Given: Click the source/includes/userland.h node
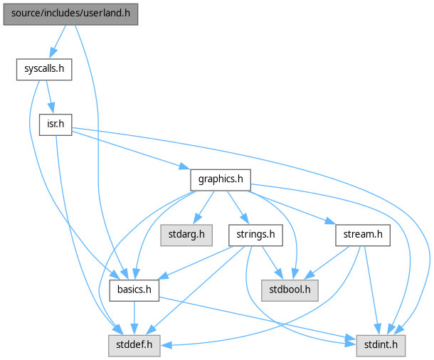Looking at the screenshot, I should (x=70, y=14).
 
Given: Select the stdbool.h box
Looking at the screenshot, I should (x=290, y=290).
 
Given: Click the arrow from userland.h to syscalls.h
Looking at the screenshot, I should (x=58, y=42).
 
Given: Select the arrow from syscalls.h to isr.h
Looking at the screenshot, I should (x=48, y=97).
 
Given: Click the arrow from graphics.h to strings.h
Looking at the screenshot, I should (x=237, y=206).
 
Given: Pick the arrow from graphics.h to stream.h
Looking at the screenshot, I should (x=292, y=207).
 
